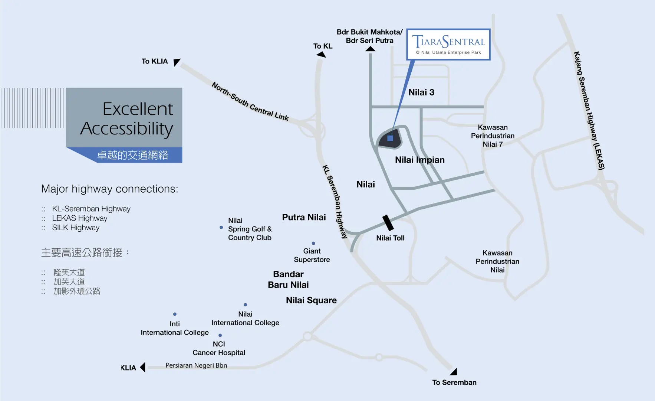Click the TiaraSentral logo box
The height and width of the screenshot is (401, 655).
448,44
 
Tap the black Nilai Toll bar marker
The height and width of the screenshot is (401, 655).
388,223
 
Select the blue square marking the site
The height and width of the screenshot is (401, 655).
390,138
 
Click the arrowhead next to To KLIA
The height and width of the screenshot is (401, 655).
177,62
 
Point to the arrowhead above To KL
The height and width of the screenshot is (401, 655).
321,55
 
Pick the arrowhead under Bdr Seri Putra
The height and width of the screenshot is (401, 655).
370,49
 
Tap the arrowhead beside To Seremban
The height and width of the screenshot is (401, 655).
454,371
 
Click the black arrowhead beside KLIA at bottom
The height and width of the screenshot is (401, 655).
142,367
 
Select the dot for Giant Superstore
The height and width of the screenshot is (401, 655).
313,244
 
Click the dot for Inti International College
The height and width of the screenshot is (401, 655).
175,314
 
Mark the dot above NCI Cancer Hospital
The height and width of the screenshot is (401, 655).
220,335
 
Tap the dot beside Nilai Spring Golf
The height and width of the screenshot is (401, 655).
221,227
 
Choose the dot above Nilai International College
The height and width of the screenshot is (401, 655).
246,305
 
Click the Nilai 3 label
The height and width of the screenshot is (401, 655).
421,92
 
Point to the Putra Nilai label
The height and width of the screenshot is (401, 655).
304,217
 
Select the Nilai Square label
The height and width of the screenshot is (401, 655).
311,300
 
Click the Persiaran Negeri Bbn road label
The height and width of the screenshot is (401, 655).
196,365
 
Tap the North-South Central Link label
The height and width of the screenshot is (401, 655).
250,101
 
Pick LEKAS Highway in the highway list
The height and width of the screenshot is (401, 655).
79,218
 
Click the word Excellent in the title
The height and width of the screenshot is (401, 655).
138,109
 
